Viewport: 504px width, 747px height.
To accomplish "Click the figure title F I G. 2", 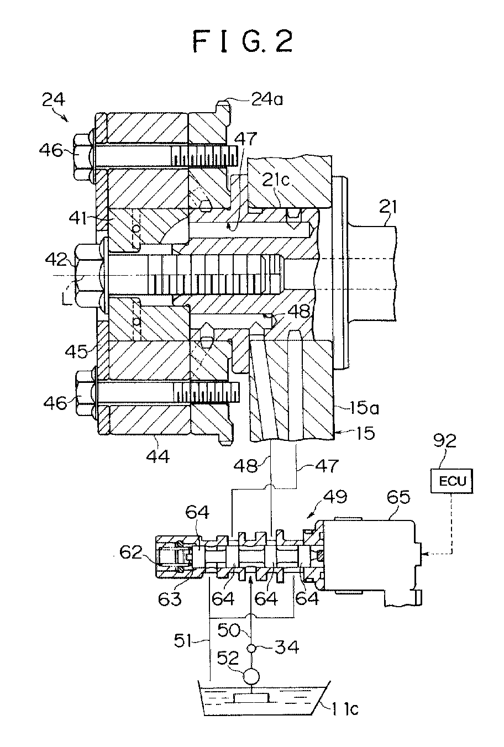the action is click(243, 41).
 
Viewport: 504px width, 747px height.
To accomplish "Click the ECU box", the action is click(452, 481).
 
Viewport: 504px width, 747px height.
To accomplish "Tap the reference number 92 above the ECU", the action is click(445, 450).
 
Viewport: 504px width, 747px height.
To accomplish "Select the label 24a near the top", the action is click(267, 99).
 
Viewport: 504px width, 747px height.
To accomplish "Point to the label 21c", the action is click(276, 181).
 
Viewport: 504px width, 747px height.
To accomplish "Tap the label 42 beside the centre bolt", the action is click(56, 259).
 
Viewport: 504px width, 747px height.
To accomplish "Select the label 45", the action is click(77, 351).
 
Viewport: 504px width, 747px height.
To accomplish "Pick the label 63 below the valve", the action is click(170, 599).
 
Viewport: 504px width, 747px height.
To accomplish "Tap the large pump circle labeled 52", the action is click(251, 676).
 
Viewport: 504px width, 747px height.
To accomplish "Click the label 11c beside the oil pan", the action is click(344, 708).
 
